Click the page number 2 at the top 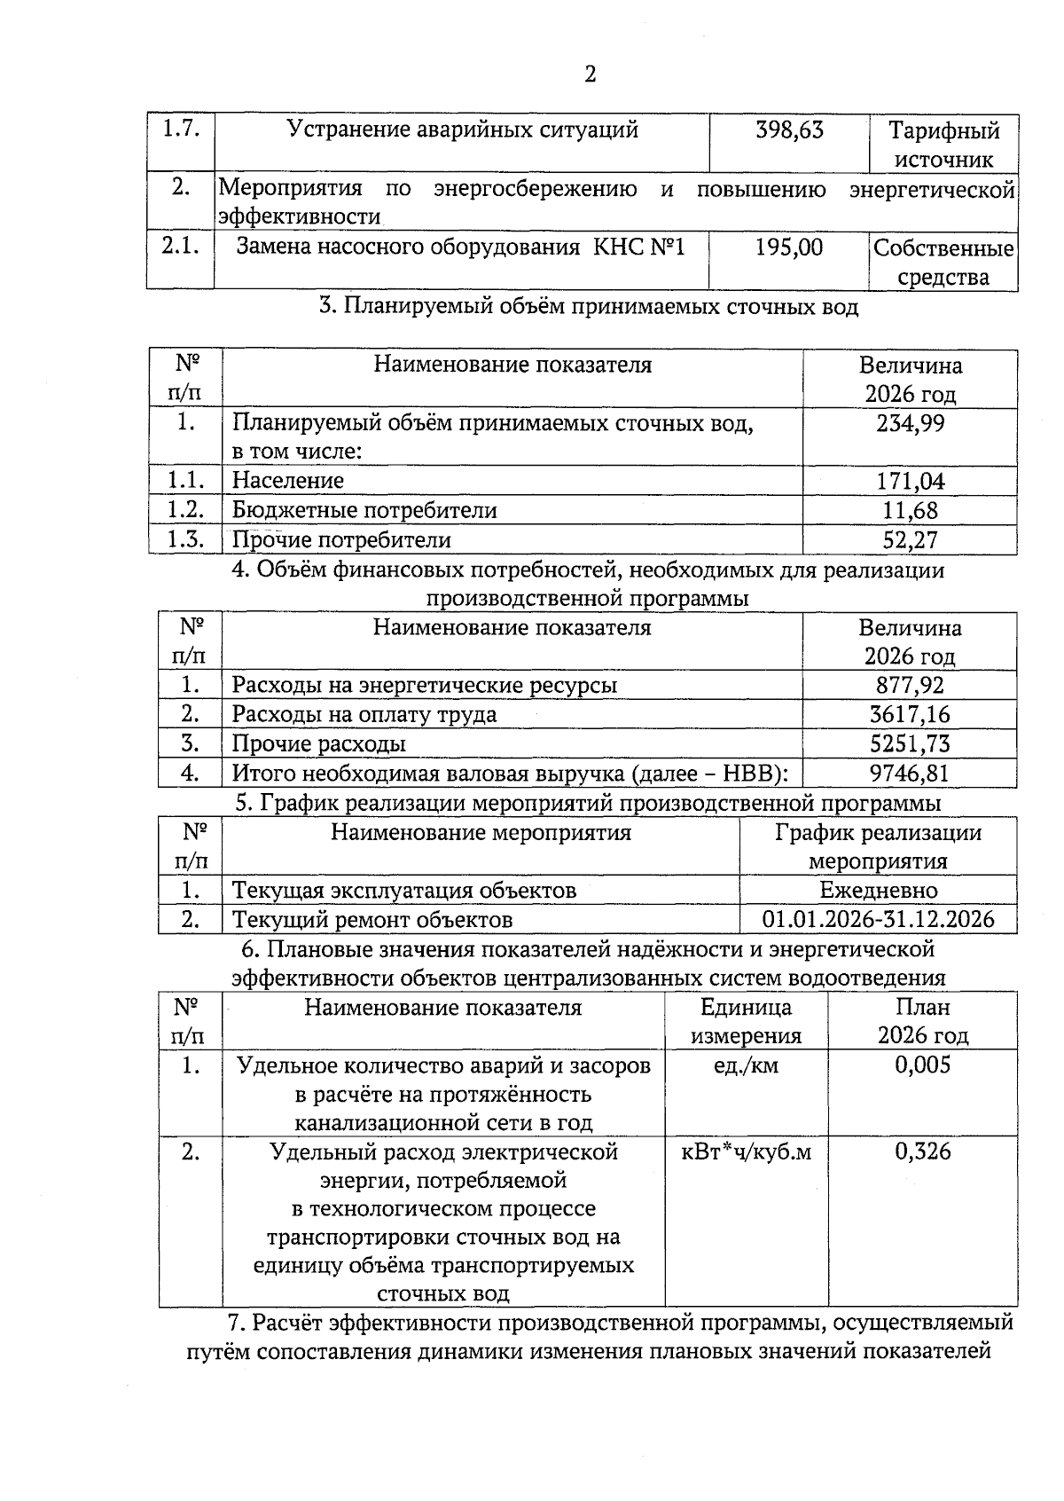pos(591,74)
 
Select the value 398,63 pos(789,130)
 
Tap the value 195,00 pos(789,248)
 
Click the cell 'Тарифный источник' pos(943,145)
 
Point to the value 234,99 pos(911,423)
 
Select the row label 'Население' pos(288,481)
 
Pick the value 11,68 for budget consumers pos(911,511)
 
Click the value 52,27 pos(911,540)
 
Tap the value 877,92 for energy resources pos(910,685)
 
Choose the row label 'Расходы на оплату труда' pos(364,714)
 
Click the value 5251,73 pos(910,743)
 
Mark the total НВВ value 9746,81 pos(910,773)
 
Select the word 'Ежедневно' pos(878,890)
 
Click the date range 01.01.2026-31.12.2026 pos(878,919)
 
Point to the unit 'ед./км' pos(746,1065)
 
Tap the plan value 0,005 pos(923,1065)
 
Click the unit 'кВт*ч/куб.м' pos(746,1152)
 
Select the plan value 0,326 pos(923,1152)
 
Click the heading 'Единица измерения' pos(746,1021)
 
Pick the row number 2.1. pos(181,247)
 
